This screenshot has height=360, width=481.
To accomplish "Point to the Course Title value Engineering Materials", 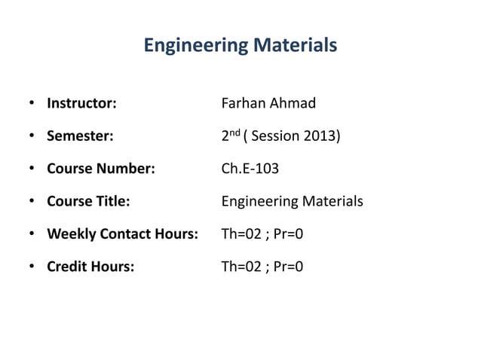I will [x=292, y=202].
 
